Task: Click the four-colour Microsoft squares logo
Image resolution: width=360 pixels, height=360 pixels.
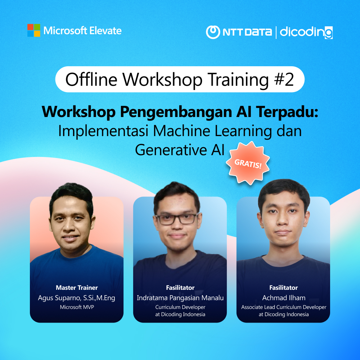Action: (33, 30)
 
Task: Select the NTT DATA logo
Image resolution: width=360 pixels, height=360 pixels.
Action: (239, 32)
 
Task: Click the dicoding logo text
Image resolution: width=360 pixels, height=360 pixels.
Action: (306, 32)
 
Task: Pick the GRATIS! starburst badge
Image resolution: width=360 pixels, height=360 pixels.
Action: (248, 163)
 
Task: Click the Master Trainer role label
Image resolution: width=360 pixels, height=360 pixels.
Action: (77, 288)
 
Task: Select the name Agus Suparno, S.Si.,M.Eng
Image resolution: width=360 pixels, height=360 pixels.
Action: (77, 298)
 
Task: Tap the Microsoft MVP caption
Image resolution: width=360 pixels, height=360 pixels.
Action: (77, 307)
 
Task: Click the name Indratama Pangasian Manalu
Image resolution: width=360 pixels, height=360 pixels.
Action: (180, 298)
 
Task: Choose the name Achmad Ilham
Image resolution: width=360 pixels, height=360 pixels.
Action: (283, 298)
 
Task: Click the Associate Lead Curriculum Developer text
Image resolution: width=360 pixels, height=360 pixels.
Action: (283, 307)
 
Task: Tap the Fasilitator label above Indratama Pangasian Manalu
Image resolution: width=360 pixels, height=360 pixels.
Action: (180, 288)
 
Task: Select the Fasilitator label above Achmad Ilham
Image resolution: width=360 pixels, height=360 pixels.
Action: (283, 288)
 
